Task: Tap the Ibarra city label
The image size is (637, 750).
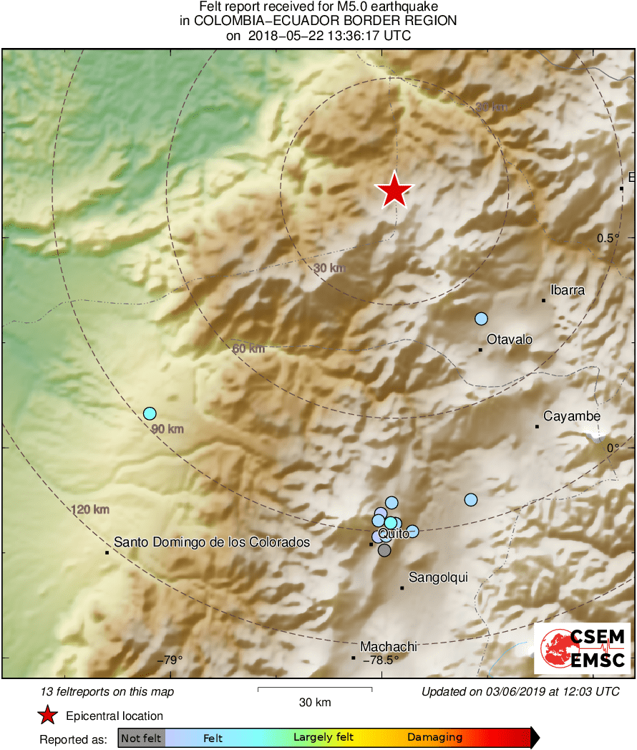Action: coord(567,290)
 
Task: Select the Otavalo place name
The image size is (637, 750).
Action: coord(510,340)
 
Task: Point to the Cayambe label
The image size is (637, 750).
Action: coord(571,416)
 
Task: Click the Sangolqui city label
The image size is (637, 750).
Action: coord(438,577)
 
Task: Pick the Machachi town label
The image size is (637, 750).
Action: coord(389,646)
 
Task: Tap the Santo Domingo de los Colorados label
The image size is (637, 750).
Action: coord(212,542)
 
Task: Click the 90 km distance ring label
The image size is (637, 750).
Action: coord(167,429)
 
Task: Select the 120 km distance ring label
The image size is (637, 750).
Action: coord(90,509)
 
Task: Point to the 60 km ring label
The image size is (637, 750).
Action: coord(248,349)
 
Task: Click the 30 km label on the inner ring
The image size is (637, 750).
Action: coord(329,268)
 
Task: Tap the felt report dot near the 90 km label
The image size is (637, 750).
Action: coord(150,413)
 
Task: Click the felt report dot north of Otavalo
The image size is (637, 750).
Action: coord(481,319)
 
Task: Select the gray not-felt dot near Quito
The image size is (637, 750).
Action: coord(384,550)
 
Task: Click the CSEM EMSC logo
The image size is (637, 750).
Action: coord(583,648)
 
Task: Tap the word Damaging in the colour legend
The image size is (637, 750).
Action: coord(434,737)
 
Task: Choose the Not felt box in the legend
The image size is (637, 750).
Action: coord(141,737)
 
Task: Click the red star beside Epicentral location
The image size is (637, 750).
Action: coord(47,716)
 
